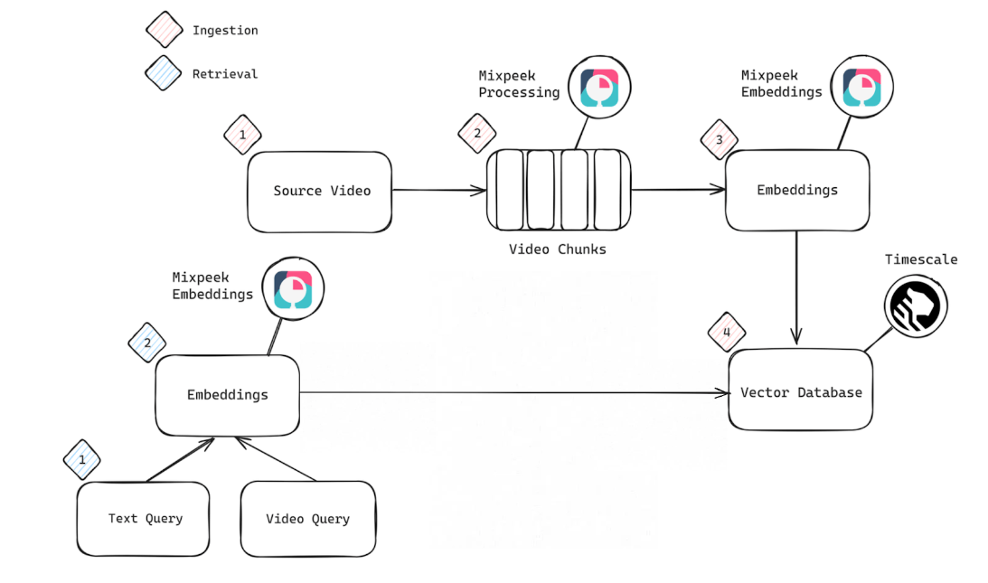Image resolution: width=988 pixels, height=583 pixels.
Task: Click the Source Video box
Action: click(x=320, y=192)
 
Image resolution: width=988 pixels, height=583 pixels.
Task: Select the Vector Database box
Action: click(x=801, y=390)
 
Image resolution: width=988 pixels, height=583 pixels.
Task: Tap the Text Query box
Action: click(x=144, y=519)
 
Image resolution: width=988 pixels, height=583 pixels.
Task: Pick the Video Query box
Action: click(x=307, y=519)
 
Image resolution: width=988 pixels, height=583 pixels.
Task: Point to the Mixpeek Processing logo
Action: click(x=599, y=89)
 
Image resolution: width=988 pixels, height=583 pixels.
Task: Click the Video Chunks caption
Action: click(x=557, y=249)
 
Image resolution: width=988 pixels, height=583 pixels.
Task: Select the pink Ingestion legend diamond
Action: click(x=164, y=29)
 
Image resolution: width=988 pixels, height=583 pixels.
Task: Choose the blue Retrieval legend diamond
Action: click(x=164, y=73)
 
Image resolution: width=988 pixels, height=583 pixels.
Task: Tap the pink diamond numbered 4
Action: click(x=726, y=332)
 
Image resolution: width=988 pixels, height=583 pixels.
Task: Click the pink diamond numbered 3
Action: click(x=720, y=140)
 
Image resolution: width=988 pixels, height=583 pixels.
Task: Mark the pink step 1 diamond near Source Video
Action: click(x=242, y=136)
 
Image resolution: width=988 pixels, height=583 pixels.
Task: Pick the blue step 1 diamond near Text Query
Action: click(x=82, y=460)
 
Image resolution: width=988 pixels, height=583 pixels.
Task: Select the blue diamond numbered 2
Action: click(x=147, y=343)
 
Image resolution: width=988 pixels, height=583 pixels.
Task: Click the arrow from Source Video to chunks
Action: click(x=439, y=191)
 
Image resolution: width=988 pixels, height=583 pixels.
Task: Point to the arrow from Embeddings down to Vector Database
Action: click(x=796, y=289)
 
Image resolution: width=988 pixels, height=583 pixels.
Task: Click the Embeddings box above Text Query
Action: click(x=227, y=395)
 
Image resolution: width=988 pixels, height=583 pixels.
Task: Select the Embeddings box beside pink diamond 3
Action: click(x=797, y=191)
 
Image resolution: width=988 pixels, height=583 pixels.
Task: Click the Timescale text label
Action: click(x=921, y=259)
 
